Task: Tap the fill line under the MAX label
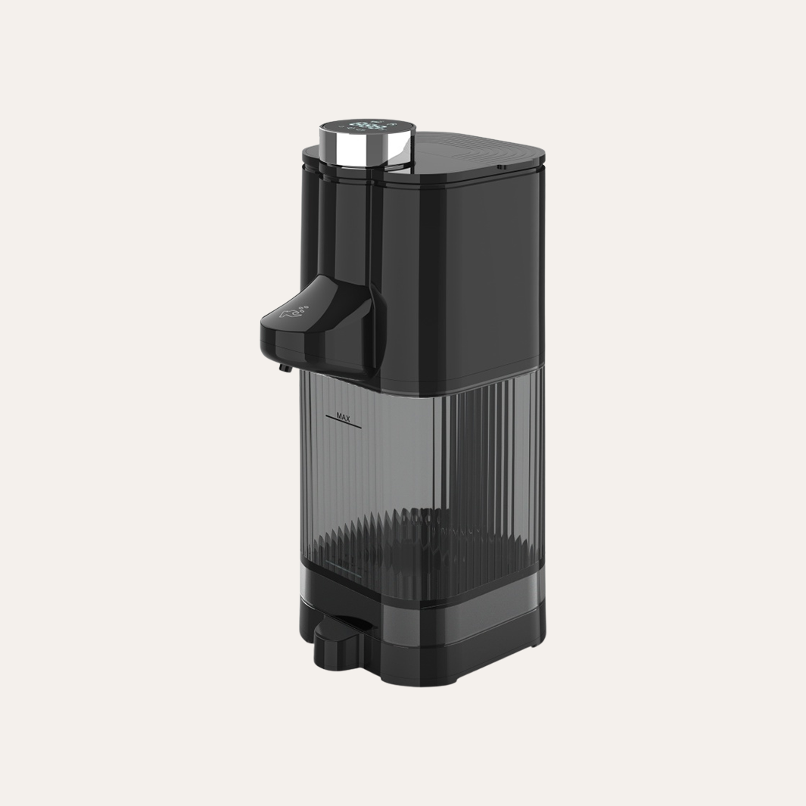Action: point(344,425)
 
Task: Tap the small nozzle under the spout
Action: point(283,367)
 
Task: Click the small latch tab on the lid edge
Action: point(501,167)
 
